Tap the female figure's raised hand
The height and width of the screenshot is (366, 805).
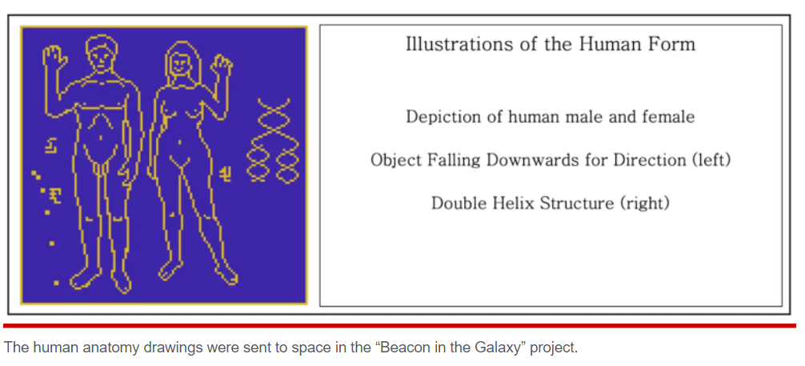click(222, 66)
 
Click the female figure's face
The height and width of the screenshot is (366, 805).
click(179, 64)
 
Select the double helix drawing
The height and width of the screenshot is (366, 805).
click(270, 140)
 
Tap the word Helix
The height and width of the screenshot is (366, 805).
click(507, 203)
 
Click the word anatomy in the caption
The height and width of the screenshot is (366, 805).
click(102, 348)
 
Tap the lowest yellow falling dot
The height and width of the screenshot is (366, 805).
click(57, 282)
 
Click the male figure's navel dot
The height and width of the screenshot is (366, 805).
click(101, 138)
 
